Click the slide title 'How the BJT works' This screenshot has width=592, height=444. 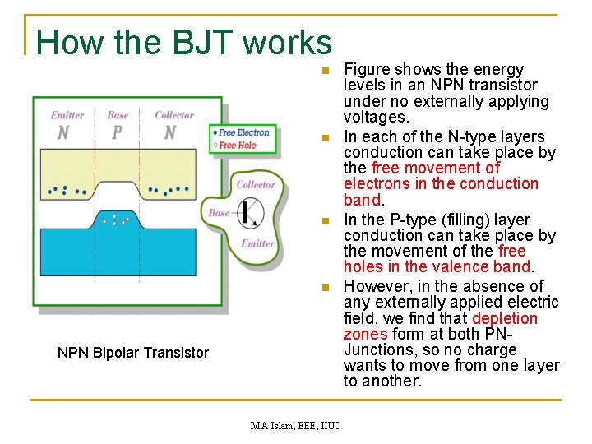pos(183,42)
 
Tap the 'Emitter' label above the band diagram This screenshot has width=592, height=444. pos(67,115)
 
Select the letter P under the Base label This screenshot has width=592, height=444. pos(117,132)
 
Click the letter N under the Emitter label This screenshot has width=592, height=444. pos(63,132)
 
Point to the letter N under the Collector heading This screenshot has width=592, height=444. pos(170,132)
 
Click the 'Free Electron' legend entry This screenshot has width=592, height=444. pos(243,132)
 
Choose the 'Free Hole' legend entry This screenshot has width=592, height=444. pos(238,146)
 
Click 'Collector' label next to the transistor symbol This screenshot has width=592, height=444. pos(256,185)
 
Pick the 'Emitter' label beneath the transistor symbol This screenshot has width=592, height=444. pos(257,243)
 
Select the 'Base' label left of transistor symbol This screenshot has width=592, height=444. pos(219,213)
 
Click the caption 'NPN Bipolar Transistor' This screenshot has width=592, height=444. pos(133,353)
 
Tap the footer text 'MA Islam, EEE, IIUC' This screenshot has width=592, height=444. pos(296,425)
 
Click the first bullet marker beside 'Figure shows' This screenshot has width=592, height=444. pos(326,70)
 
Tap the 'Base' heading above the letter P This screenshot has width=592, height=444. pos(118,115)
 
